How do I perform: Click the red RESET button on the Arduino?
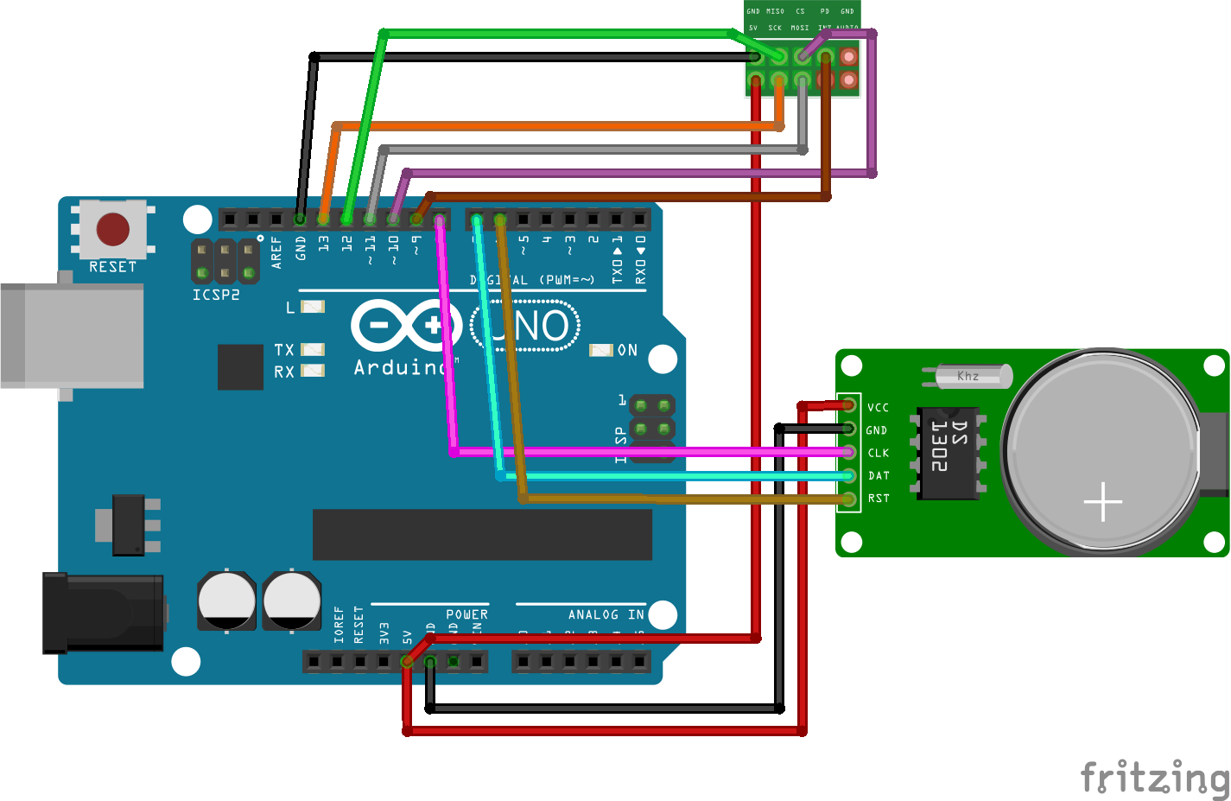[x=113, y=230]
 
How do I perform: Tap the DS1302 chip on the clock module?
[x=949, y=453]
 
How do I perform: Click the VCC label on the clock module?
[x=878, y=408]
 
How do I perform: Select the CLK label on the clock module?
[x=878, y=453]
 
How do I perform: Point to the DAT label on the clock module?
[x=879, y=476]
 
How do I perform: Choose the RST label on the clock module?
[x=879, y=499]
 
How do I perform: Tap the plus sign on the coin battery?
[x=1103, y=501]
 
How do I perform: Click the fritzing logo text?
[x=1154, y=777]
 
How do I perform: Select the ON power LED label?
[x=627, y=350]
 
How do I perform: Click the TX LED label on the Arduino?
[x=284, y=350]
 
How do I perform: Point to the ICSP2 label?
[x=216, y=295]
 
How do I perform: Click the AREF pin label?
[x=277, y=252]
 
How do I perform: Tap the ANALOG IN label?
[x=606, y=614]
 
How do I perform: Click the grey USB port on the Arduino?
[x=73, y=335]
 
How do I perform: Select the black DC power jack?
[x=102, y=613]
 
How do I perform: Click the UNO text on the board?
[x=527, y=327]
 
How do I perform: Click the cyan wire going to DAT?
[x=674, y=475]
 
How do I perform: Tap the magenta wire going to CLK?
[x=648, y=452]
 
